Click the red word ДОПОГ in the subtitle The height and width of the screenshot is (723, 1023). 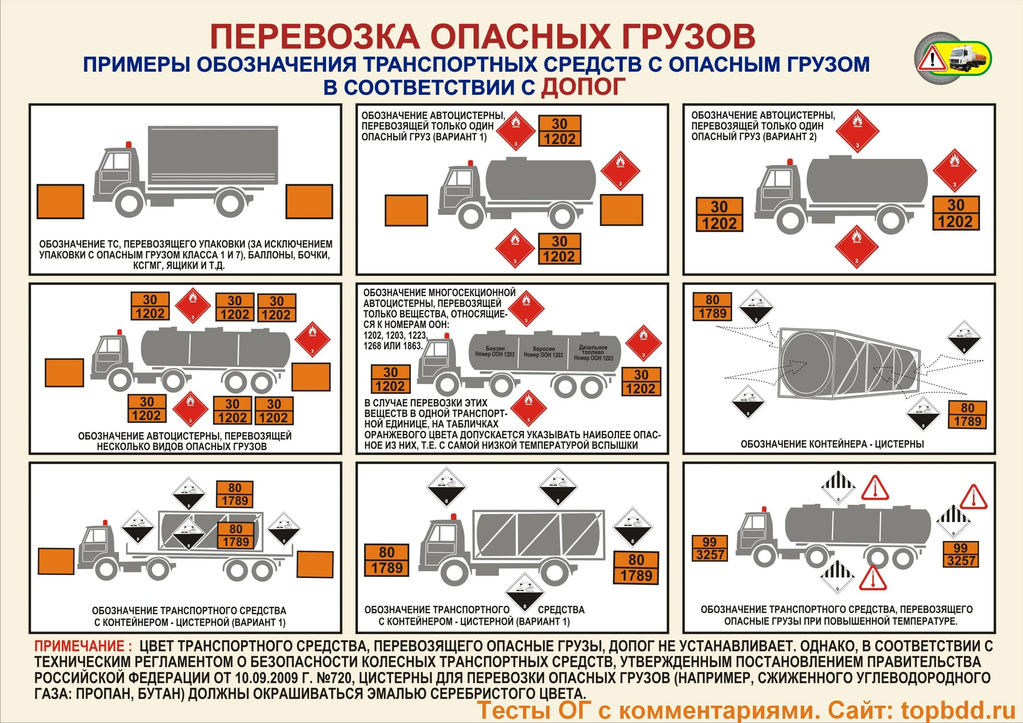pyautogui.click(x=583, y=87)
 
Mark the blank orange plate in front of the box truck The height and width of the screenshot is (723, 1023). pyautogui.click(x=60, y=201)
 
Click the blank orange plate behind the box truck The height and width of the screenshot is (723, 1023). pyautogui.click(x=309, y=201)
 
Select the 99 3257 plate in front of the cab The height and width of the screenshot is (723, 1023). pyautogui.click(x=709, y=548)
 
